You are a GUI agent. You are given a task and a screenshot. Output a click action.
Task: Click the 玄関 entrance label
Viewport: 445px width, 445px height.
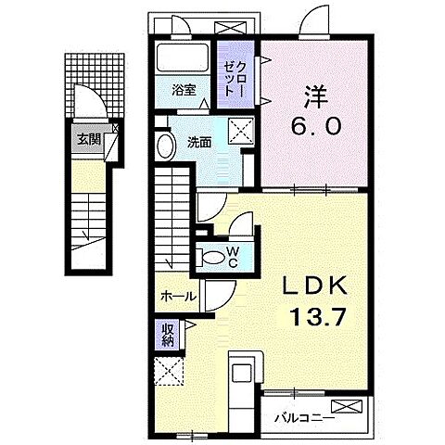click(x=89, y=140)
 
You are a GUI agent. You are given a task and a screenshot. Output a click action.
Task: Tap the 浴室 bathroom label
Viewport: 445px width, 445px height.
click(x=184, y=90)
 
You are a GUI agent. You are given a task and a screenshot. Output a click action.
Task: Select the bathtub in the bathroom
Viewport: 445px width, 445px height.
click(x=183, y=58)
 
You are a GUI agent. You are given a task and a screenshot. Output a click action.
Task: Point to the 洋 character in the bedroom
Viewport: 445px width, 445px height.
click(x=316, y=96)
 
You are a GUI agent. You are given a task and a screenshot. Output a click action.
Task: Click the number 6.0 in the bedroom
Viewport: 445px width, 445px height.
click(x=316, y=126)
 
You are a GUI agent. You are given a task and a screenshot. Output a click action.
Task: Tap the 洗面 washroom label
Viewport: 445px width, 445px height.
click(x=199, y=143)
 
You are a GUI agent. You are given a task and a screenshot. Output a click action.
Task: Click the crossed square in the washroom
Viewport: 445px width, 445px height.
click(x=241, y=131)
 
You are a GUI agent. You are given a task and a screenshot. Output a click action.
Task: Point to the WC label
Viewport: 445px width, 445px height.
click(x=233, y=257)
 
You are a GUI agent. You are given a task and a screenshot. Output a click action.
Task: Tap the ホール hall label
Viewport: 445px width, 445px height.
click(x=179, y=297)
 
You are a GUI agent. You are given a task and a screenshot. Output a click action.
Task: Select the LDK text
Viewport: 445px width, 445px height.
click(x=315, y=286)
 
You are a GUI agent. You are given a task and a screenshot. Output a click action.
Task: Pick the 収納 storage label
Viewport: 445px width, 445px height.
click(x=168, y=335)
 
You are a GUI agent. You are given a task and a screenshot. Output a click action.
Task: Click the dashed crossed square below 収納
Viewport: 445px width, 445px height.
click(x=169, y=371)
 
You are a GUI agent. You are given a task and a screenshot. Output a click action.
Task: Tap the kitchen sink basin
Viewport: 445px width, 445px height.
click(x=241, y=373)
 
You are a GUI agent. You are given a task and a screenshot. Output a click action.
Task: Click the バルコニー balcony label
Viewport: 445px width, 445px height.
click(x=305, y=419)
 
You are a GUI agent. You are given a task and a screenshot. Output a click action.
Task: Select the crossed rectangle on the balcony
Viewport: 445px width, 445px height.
click(x=347, y=406)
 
